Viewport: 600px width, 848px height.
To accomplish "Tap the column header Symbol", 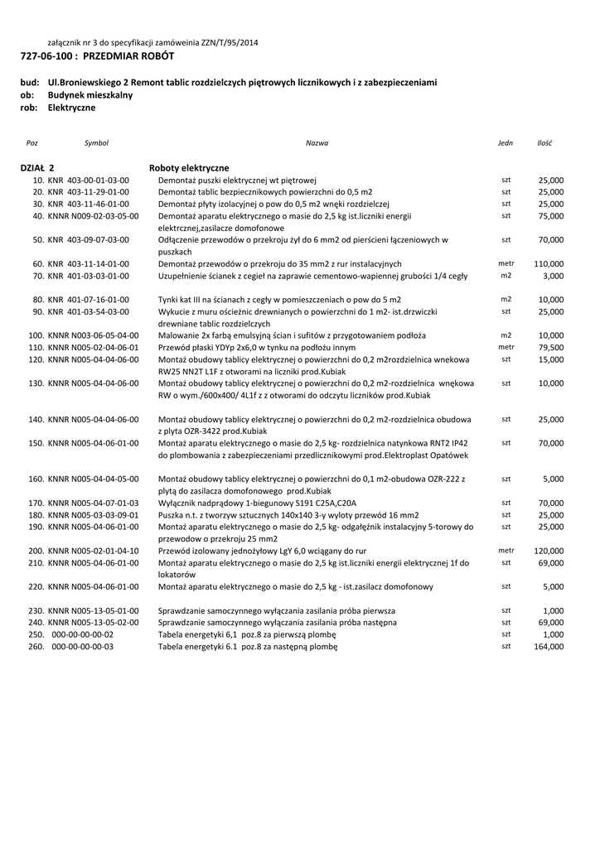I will point(96,143).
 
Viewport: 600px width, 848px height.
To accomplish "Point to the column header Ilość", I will point(544,143).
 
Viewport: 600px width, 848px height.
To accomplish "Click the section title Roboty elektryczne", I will point(189,167).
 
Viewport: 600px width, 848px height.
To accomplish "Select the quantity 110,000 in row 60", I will point(549,263).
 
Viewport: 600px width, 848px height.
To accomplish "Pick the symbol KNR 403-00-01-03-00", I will point(89,180).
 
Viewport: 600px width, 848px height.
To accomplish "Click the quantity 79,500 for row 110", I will point(551,348).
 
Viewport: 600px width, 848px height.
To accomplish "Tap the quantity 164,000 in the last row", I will point(549,647).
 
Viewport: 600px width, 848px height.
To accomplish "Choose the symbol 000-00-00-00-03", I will point(83,647).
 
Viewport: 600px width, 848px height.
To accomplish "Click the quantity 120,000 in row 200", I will point(549,551).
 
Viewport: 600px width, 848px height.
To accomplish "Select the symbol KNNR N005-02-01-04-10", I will point(94,551).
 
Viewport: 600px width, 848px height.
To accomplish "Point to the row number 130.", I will point(36,383).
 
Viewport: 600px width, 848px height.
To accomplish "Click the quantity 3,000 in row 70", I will point(554,276).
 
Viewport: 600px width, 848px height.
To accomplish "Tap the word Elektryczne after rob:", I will point(71,108).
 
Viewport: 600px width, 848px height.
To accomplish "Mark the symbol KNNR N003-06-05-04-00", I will point(94,335).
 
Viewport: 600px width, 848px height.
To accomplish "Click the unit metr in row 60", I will point(506,263).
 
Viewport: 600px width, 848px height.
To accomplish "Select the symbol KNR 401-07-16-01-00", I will point(89,299).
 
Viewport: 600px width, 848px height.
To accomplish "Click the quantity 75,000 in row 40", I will point(551,215).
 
